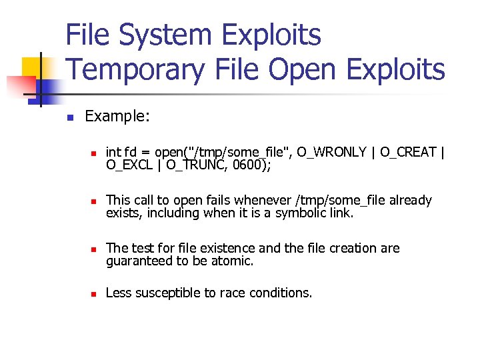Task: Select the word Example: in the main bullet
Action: click(117, 117)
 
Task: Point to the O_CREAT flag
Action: click(409, 153)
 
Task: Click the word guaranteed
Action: click(139, 261)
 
